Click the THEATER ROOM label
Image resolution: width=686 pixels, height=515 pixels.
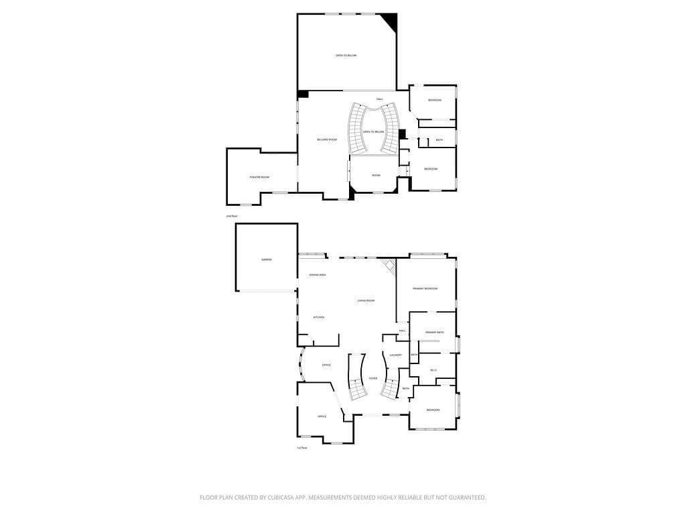click(259, 177)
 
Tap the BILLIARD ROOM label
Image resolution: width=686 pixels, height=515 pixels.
click(327, 139)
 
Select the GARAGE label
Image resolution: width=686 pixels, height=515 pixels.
click(266, 260)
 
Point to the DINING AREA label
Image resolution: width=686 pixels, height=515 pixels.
click(318, 275)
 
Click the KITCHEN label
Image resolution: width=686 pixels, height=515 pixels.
click(319, 317)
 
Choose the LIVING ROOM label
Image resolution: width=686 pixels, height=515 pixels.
click(365, 300)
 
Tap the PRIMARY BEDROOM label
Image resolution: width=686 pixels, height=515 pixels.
click(425, 288)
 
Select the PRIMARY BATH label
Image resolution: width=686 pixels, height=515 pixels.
click(435, 333)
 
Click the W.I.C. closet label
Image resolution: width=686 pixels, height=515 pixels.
click(433, 370)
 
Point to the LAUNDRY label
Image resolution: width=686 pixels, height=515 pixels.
click(395, 355)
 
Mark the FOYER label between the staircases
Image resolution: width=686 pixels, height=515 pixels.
click(372, 378)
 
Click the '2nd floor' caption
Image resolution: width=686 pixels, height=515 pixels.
click(232, 217)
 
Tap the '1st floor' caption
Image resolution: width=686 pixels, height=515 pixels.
click(302, 447)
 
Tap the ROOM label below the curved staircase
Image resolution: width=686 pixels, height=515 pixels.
click(376, 176)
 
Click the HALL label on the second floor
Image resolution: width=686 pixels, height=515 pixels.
click(379, 100)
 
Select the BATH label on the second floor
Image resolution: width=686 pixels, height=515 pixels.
click(439, 140)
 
